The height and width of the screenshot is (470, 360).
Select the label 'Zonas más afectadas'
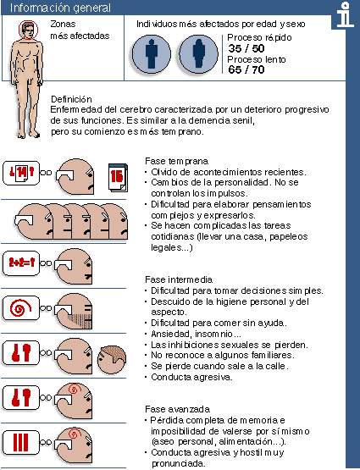[68, 30]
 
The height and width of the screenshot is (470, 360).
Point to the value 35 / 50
[246, 49]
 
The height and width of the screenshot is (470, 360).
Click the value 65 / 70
[246, 69]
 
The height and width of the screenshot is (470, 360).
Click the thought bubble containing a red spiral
[18, 307]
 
